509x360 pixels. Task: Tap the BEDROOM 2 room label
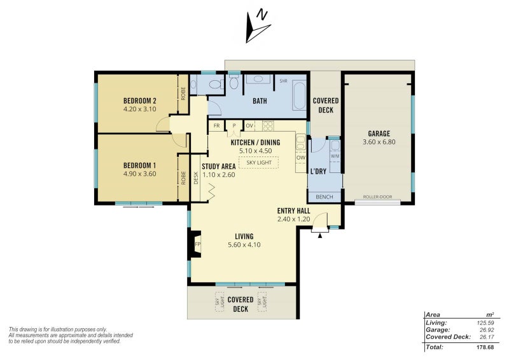pos(139,100)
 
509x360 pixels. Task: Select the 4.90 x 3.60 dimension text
pos(139,174)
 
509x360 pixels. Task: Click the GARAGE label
pos(379,134)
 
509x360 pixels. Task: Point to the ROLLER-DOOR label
pos(377,197)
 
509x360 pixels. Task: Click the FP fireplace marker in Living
pos(197,244)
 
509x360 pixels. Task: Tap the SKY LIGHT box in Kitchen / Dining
pos(259,163)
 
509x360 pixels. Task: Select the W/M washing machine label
pos(335,156)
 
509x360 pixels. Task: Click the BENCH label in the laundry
pos(324,197)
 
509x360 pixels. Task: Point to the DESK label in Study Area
pos(196,178)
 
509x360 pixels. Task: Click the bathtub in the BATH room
pos(299,95)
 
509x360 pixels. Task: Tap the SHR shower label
pos(283,81)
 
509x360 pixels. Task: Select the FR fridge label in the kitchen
pos(216,126)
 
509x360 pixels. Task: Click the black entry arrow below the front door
pos(320,236)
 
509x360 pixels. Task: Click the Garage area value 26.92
pos(486,330)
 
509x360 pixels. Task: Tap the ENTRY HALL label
pos(293,211)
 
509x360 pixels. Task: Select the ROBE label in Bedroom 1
pos(183,178)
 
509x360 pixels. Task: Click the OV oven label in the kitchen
pos(249,126)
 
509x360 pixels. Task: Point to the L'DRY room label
pos(318,171)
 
